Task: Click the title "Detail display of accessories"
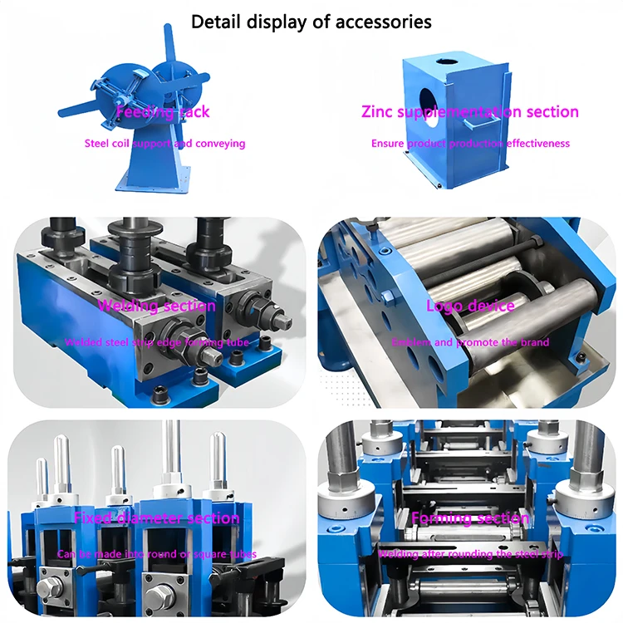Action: tap(311, 22)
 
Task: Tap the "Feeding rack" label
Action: tap(164, 111)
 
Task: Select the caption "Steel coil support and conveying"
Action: tap(165, 143)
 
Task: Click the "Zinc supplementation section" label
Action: tap(470, 111)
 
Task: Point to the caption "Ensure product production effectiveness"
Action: tap(470, 143)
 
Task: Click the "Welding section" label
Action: tap(156, 305)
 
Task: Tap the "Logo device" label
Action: tap(470, 305)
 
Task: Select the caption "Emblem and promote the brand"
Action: tap(470, 341)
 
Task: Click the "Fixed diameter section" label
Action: tap(156, 518)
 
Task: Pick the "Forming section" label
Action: tap(470, 518)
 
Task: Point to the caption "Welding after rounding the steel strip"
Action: tap(470, 554)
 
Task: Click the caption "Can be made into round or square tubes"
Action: tap(156, 554)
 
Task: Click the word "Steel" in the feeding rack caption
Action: tap(97, 143)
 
